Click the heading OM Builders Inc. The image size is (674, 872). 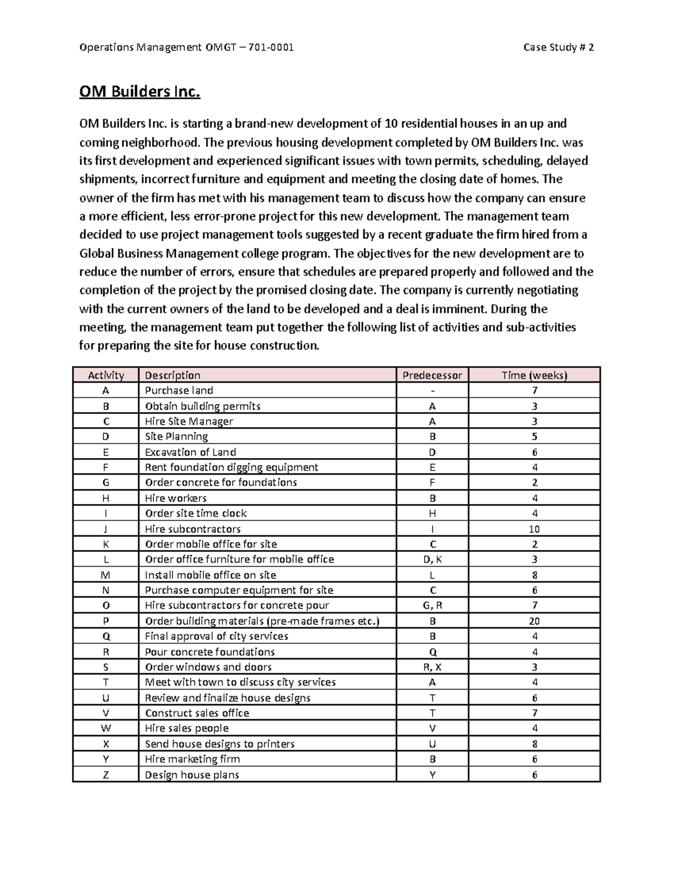(x=139, y=92)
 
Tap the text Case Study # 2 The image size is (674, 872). (x=558, y=47)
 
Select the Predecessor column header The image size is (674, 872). (x=432, y=375)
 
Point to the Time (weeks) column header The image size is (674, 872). (x=534, y=375)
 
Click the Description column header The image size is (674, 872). (x=172, y=375)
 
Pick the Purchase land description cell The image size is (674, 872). (x=179, y=390)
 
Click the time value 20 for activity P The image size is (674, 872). (x=534, y=621)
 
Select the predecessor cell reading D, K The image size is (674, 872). (x=432, y=559)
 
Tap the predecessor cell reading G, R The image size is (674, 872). (x=432, y=605)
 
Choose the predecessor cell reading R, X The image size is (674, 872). (x=432, y=667)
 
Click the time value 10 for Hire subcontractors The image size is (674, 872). (x=534, y=529)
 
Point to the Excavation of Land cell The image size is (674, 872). (x=190, y=452)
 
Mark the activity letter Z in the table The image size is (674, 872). (x=106, y=775)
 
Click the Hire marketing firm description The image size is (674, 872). (x=192, y=759)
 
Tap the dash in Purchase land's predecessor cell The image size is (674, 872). (x=432, y=391)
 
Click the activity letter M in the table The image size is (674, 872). (x=106, y=575)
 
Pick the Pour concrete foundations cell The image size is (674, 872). (x=210, y=652)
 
